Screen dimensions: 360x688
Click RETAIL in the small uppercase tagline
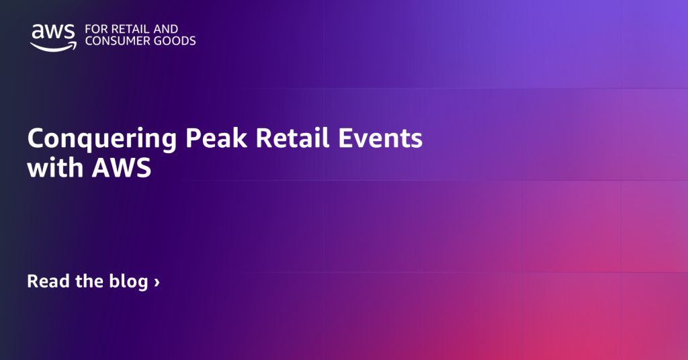[128, 30]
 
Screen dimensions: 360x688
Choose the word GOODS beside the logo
[176, 42]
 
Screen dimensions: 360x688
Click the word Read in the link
[48, 281]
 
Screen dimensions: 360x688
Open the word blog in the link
[128, 281]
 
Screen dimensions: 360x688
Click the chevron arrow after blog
[157, 282]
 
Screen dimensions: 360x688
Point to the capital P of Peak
[193, 139]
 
